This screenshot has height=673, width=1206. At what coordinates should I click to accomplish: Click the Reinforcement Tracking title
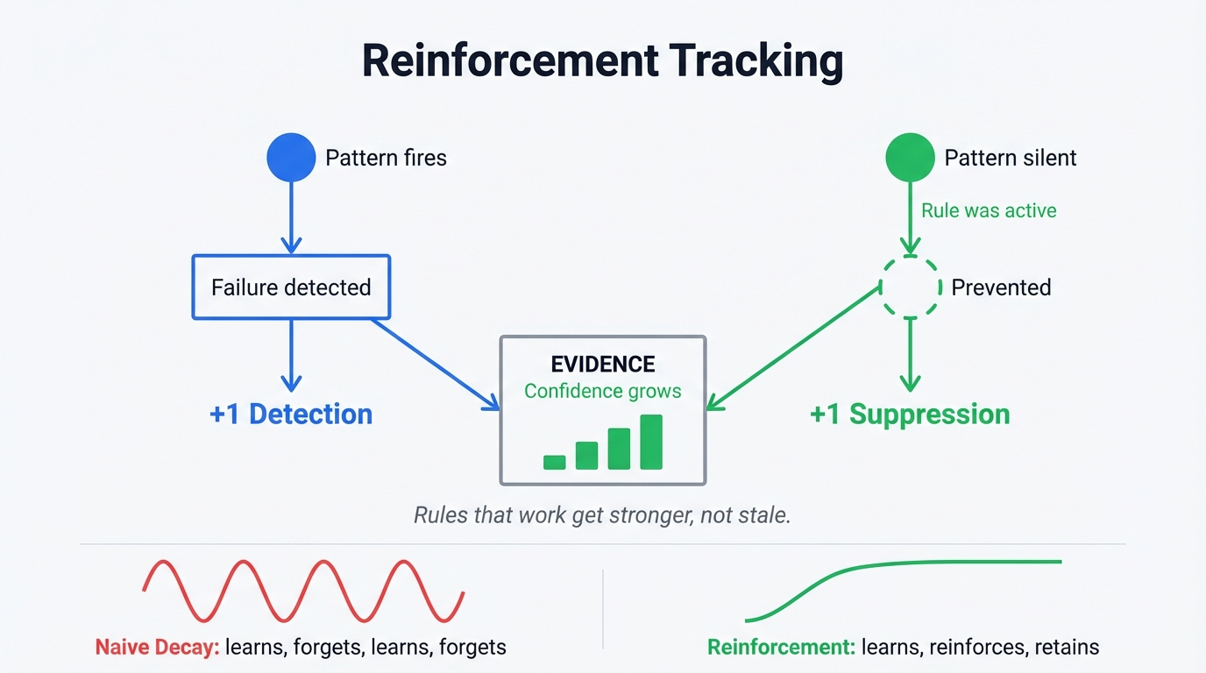pos(602,61)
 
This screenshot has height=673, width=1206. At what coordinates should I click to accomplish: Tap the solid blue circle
pos(291,158)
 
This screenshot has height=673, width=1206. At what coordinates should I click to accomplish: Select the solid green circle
pos(911,158)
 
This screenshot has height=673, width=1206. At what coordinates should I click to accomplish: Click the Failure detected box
pos(291,287)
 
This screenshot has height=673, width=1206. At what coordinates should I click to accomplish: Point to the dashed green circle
pos(911,287)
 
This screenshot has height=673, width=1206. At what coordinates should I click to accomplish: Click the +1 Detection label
pos(291,414)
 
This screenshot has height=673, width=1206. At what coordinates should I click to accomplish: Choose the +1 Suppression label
pos(910,414)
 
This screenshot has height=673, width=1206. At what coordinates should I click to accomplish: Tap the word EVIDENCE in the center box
pos(602,365)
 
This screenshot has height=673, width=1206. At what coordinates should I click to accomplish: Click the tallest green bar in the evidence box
pos(651,442)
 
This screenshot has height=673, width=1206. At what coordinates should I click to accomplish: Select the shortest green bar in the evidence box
pos(554,462)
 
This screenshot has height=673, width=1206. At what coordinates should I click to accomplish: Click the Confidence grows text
pos(602,391)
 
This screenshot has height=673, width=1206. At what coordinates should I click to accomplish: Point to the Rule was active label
pos(989,210)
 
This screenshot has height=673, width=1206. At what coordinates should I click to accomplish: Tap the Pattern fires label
pos(386,158)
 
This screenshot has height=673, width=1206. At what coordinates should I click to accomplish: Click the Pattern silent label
pos(1010,158)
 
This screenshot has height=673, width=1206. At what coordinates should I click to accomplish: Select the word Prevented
pos(1001,287)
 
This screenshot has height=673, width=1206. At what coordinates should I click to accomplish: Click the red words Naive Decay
pos(156,648)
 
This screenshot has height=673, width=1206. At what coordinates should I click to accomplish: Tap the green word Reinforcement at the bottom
pos(780,648)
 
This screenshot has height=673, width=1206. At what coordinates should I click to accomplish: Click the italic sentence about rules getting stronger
pos(602,514)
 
